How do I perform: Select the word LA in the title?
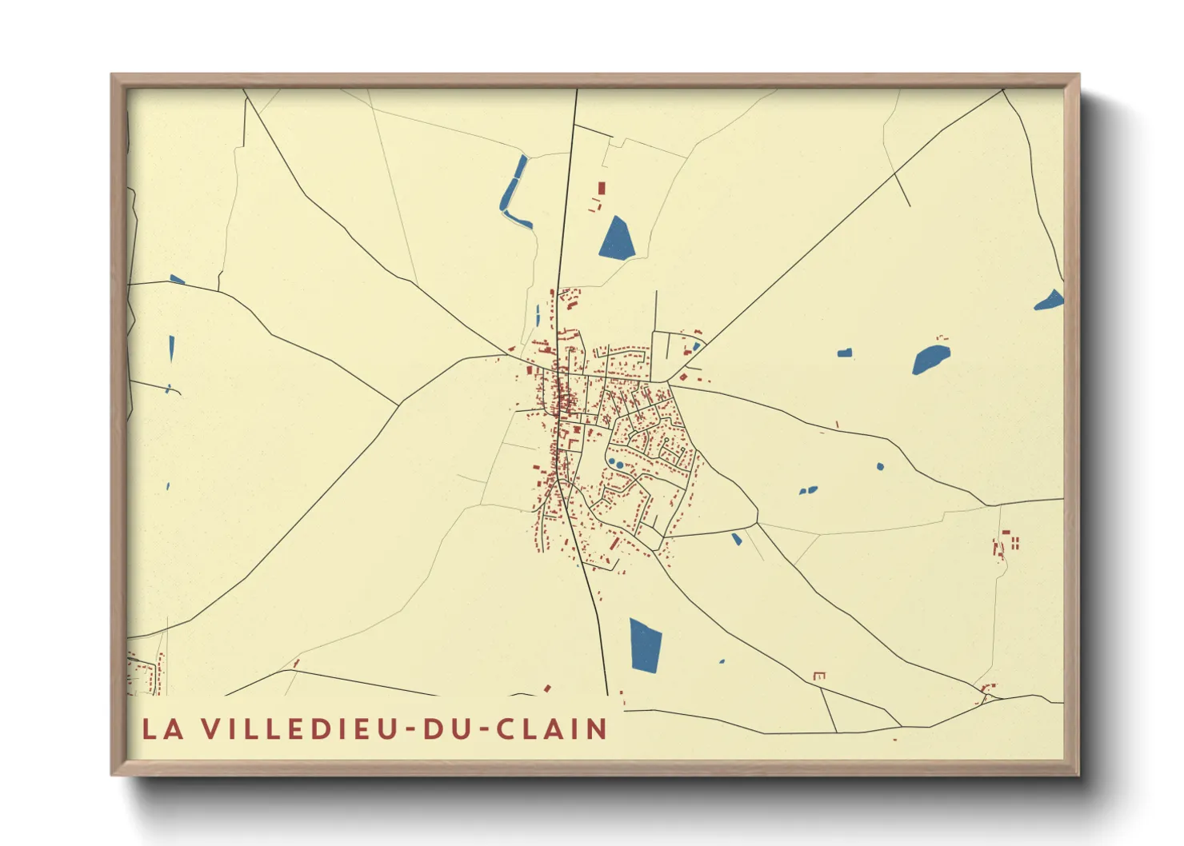pyautogui.click(x=160, y=729)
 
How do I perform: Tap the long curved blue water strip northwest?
pyautogui.click(x=514, y=192)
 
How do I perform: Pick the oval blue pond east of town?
pyautogui.click(x=930, y=359)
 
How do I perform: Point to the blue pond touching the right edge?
pyautogui.click(x=1050, y=301)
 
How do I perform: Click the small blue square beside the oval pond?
pyautogui.click(x=844, y=353)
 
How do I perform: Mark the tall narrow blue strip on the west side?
pyautogui.click(x=171, y=349)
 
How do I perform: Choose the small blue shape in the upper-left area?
pyautogui.click(x=177, y=280)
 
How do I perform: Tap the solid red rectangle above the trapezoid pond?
pyautogui.click(x=602, y=189)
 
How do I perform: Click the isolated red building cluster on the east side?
pyautogui.click(x=1005, y=544)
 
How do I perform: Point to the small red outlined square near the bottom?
pyautogui.click(x=818, y=676)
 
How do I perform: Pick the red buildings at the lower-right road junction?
pyautogui.click(x=989, y=688)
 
